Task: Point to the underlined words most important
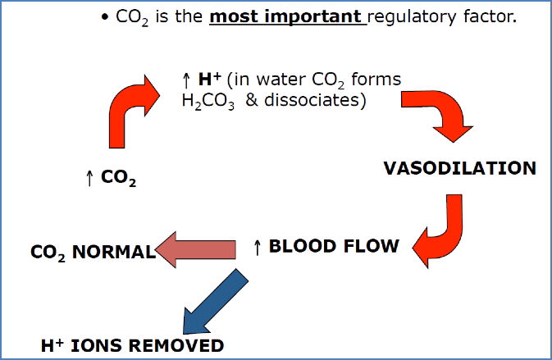[287, 16]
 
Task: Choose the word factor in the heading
[489, 16]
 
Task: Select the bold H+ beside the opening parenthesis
[208, 80]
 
